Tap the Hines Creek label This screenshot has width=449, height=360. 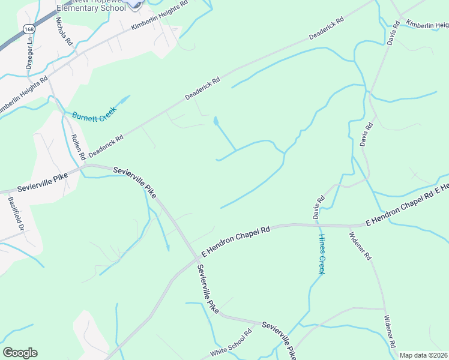pyautogui.click(x=321, y=253)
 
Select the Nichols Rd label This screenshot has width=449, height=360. pyautogui.click(x=64, y=31)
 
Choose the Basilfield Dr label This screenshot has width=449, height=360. pyautogui.click(x=16, y=215)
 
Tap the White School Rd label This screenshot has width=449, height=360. pyautogui.click(x=231, y=344)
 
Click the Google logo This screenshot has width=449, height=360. pyautogui.click(x=20, y=353)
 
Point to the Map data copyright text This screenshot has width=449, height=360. pyautogui.click(x=423, y=355)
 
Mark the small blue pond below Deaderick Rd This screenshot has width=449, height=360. pyautogui.click(x=215, y=122)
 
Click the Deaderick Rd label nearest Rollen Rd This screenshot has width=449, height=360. pyautogui.click(x=106, y=146)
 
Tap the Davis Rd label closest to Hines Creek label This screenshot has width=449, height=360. pyautogui.click(x=318, y=206)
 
